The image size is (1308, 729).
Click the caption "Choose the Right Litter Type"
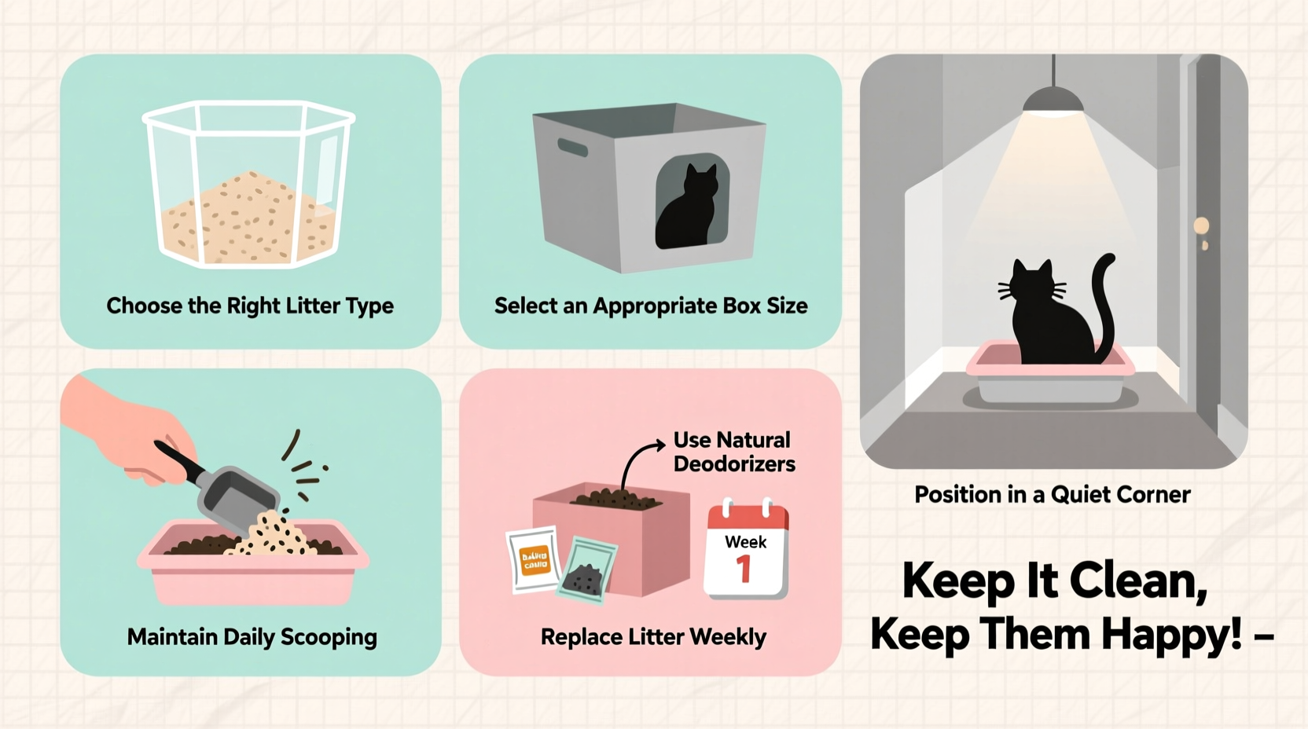click(x=250, y=306)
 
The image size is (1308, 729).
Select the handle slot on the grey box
click(x=572, y=148)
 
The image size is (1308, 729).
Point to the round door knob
click(x=1201, y=227)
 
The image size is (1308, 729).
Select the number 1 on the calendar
click(x=743, y=569)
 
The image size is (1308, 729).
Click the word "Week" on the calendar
click(x=745, y=542)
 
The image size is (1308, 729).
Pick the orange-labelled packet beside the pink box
click(x=535, y=559)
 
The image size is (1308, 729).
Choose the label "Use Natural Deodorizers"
click(x=733, y=452)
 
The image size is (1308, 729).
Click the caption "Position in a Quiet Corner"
click(x=1052, y=494)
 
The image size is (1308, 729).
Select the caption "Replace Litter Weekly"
click(x=653, y=636)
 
